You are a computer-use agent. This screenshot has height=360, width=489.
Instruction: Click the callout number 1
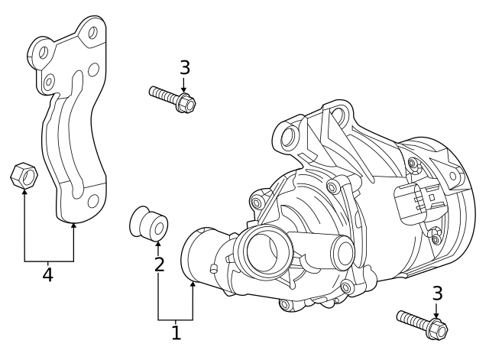[176, 332]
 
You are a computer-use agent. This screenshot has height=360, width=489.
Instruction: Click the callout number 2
[159, 265]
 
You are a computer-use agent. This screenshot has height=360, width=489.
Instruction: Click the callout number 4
[47, 274]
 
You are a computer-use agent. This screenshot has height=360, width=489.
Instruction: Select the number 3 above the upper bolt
[184, 67]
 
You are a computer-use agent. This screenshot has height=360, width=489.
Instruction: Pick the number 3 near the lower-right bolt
[437, 293]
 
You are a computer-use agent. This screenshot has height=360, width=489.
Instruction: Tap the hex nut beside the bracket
[24, 177]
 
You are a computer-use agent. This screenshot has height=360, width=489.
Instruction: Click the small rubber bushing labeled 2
[147, 222]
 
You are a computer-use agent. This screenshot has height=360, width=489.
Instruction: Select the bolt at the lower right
[421, 323]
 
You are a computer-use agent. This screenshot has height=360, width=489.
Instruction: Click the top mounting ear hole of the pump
[289, 138]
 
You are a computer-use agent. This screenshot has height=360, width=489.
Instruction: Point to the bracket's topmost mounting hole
[93, 33]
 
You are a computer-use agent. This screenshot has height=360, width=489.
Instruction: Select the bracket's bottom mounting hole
[93, 201]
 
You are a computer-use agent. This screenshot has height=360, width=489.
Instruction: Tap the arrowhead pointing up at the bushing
[158, 245]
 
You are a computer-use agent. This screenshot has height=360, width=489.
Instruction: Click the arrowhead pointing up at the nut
[24, 193]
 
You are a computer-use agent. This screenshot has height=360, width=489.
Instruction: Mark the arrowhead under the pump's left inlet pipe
[193, 285]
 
